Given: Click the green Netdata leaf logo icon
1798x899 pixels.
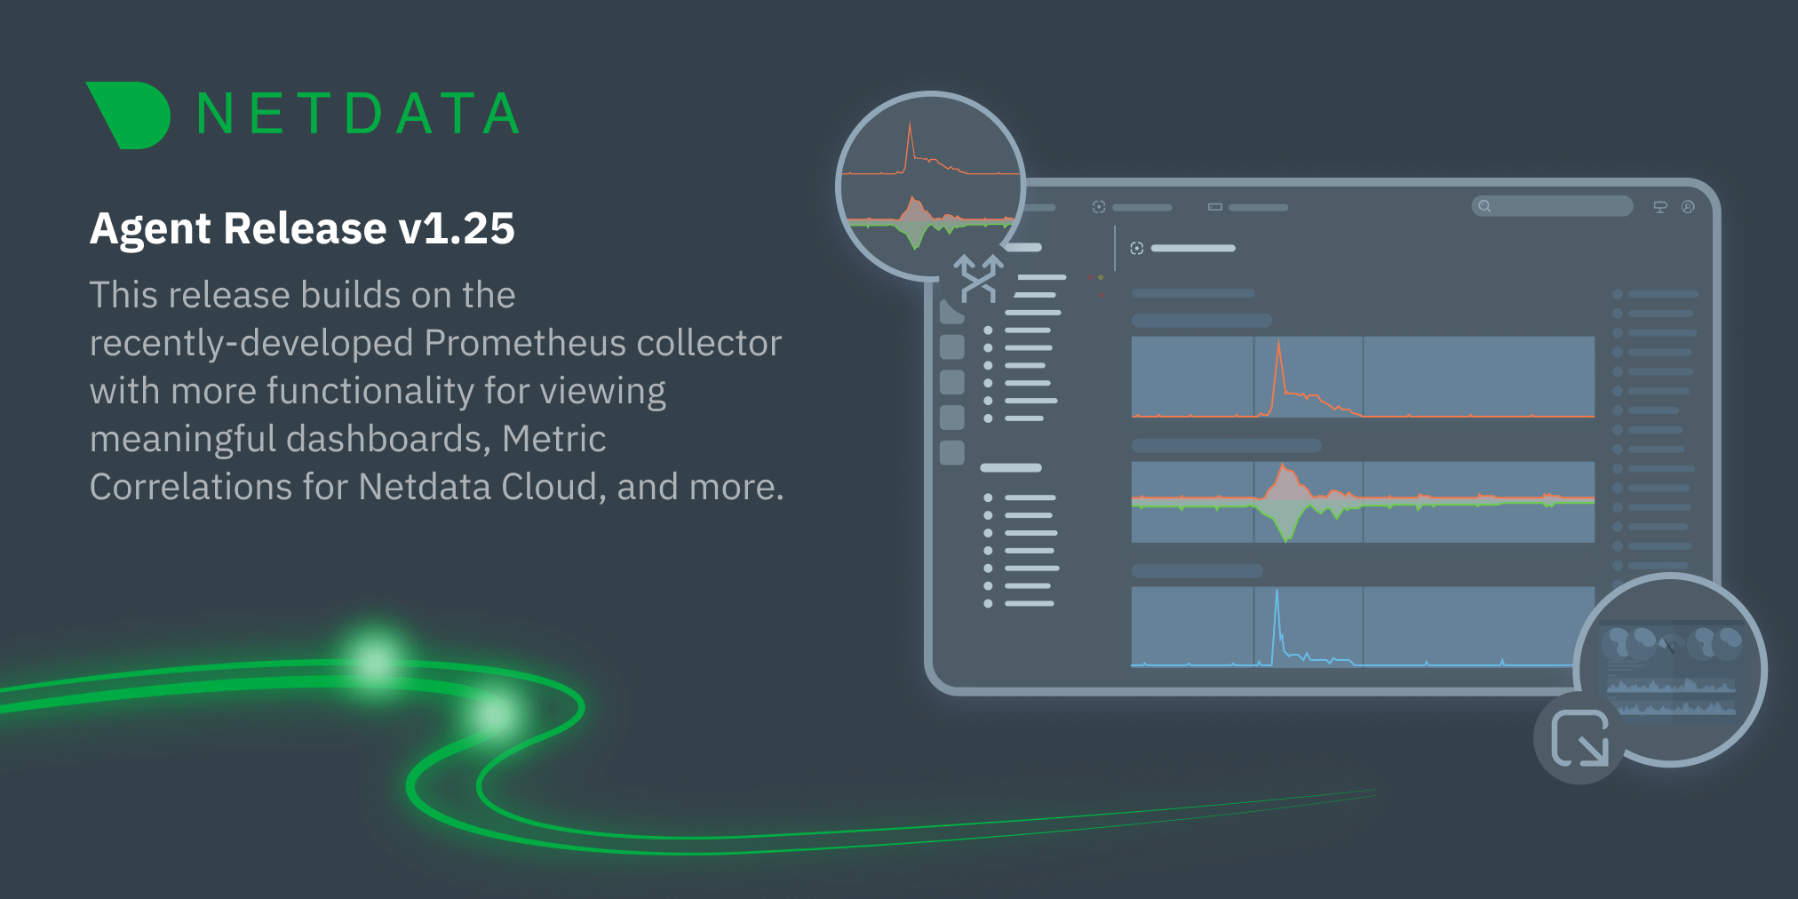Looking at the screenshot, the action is pyautogui.click(x=130, y=115).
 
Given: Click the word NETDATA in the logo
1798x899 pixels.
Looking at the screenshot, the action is pyautogui.click(x=358, y=115).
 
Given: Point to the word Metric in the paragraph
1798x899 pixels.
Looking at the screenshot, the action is pyautogui.click(x=553, y=439).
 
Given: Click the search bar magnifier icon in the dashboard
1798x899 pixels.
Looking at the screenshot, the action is pyautogui.click(x=1484, y=206).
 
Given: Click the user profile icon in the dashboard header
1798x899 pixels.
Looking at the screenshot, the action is pyautogui.click(x=1688, y=207).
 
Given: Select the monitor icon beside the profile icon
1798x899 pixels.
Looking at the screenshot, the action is pyautogui.click(x=1660, y=207).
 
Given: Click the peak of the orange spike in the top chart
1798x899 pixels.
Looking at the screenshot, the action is pyautogui.click(x=1278, y=341).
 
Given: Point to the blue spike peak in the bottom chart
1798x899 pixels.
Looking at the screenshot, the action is pyautogui.click(x=1277, y=591).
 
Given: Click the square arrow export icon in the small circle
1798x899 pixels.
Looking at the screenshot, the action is pyautogui.click(x=1579, y=737).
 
